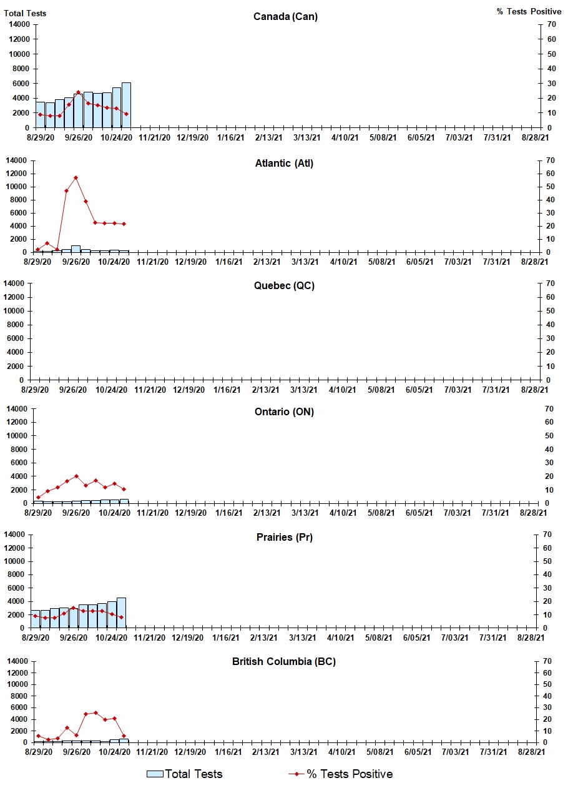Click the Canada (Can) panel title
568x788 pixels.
(x=285, y=16)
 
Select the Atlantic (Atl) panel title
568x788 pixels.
(x=284, y=164)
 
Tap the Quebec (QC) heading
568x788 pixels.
(x=284, y=286)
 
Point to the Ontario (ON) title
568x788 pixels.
(x=284, y=412)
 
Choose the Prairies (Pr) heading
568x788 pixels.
(x=283, y=537)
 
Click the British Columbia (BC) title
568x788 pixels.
(x=284, y=661)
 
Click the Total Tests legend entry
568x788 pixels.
(x=185, y=774)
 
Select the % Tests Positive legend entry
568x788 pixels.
(x=341, y=774)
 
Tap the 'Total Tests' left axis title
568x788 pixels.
(x=25, y=13)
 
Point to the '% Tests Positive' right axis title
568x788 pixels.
(x=529, y=12)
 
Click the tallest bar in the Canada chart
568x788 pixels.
(x=126, y=105)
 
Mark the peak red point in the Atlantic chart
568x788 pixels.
(x=76, y=178)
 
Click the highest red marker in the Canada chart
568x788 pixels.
(x=78, y=92)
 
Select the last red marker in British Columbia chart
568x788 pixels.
(x=124, y=736)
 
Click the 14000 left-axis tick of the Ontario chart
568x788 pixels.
(x=18, y=408)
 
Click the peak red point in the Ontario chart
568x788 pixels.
(x=76, y=476)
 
